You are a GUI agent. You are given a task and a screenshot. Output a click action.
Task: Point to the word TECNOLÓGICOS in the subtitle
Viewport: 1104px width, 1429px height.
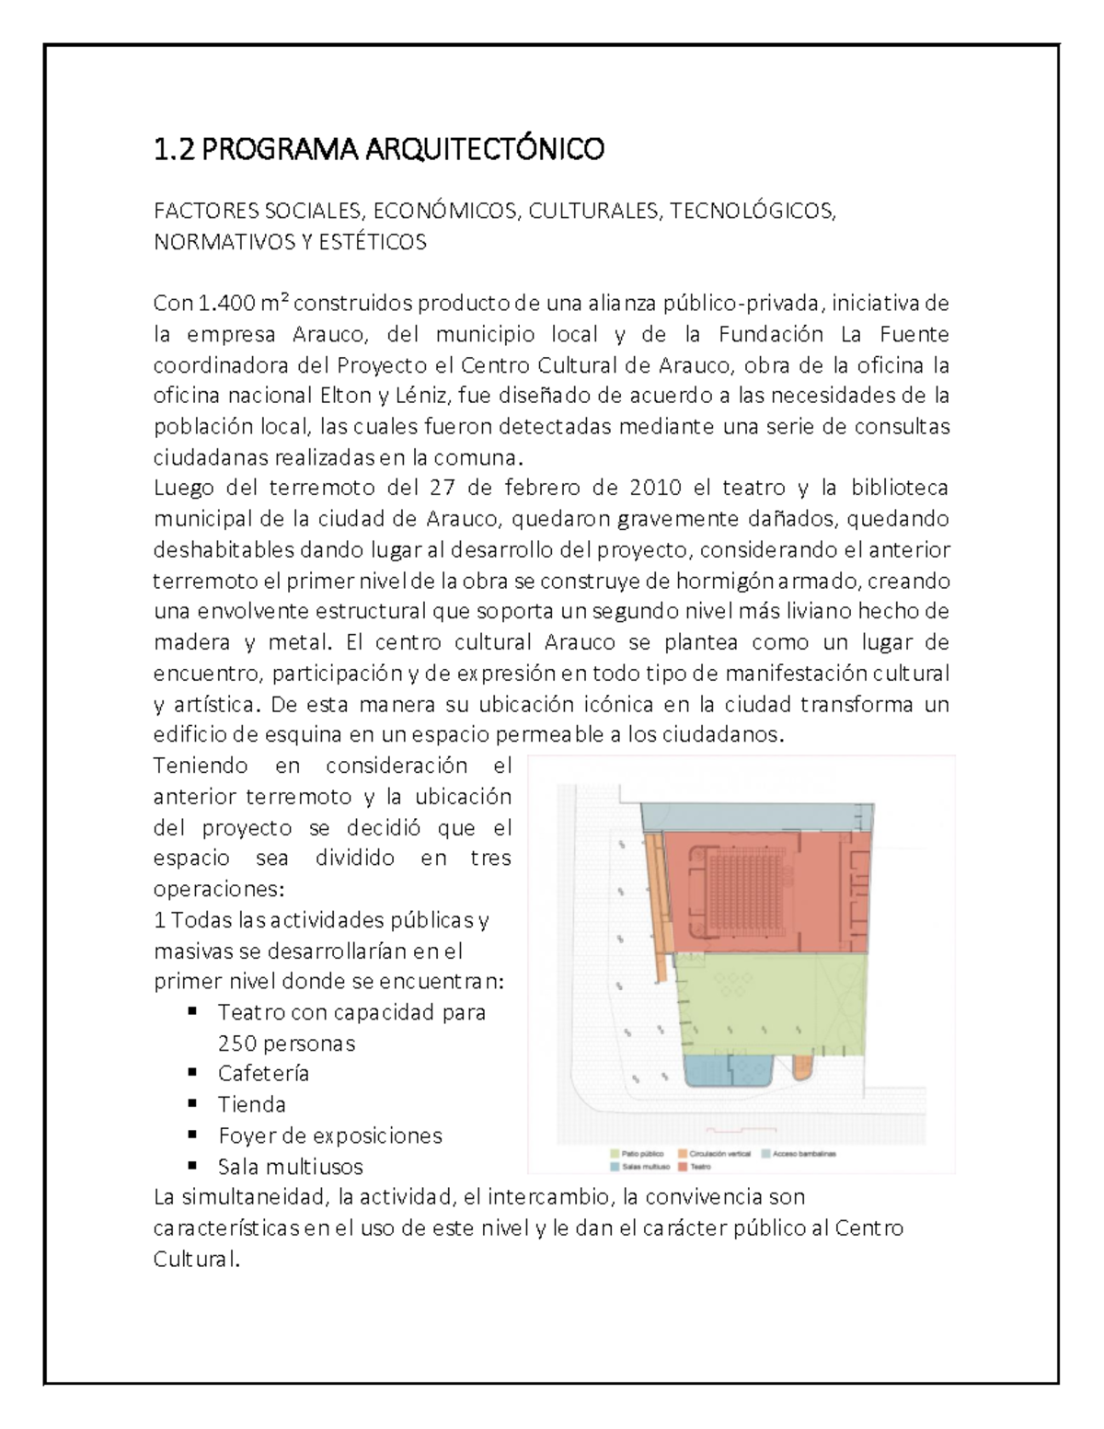pos(753,212)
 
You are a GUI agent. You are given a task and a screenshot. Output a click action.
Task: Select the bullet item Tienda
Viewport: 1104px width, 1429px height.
pos(251,1104)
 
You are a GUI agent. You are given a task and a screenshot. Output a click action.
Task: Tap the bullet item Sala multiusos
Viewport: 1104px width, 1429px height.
pos(290,1167)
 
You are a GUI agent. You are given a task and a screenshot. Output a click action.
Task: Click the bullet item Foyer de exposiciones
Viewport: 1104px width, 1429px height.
pos(329,1135)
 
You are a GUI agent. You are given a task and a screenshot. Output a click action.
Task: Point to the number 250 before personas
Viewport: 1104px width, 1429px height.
pos(236,1043)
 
